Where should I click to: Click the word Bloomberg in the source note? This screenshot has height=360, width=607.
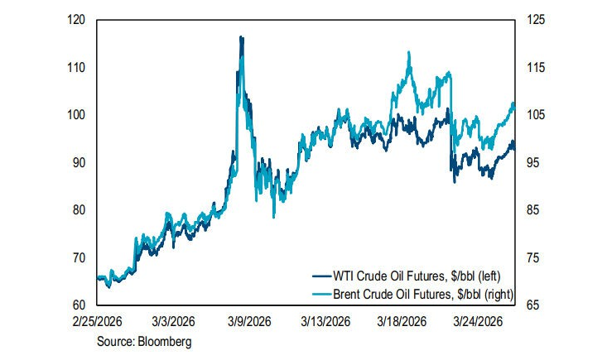[166, 340]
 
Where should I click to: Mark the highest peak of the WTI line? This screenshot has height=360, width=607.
[241, 37]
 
